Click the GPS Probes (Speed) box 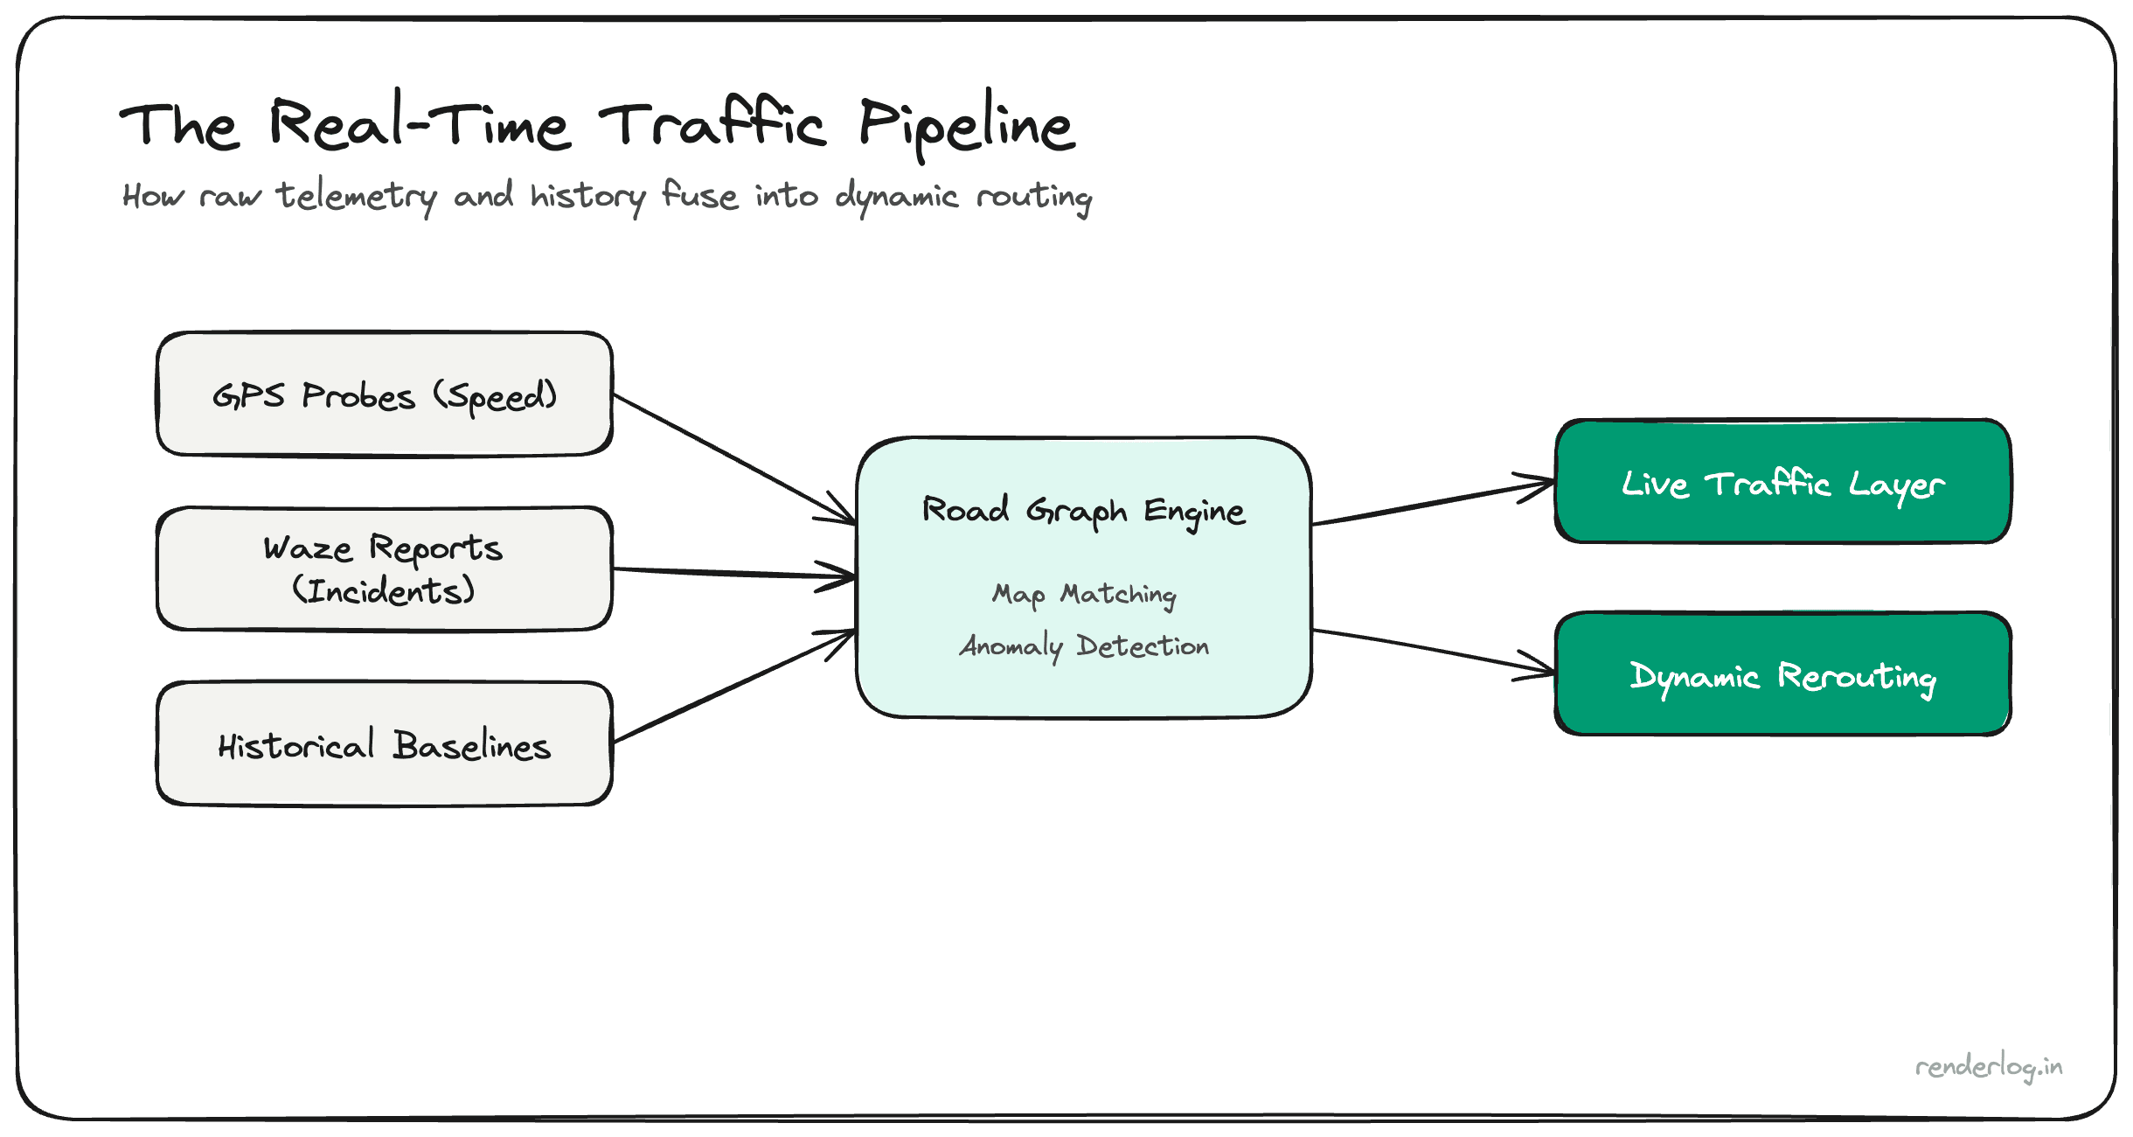tap(385, 394)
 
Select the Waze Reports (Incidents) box tap(385, 568)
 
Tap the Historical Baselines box tap(385, 743)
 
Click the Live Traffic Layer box tap(1783, 482)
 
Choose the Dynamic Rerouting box tap(1783, 674)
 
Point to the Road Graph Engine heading tap(1084, 510)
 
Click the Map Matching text tap(1084, 595)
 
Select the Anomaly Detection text tap(1084, 646)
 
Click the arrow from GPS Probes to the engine tap(734, 459)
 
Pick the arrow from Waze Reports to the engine tap(734, 573)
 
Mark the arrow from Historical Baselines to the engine tap(734, 687)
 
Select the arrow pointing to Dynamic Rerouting tap(1434, 652)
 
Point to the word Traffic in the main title tap(712, 125)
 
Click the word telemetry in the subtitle tap(357, 196)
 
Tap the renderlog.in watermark tap(1989, 1067)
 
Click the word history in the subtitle tap(587, 196)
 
